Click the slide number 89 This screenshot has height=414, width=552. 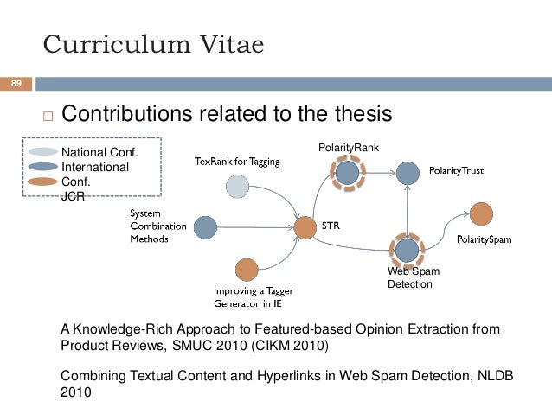tap(16, 84)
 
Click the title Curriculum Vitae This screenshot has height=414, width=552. tap(154, 46)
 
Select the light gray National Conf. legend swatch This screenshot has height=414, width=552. tap(42, 152)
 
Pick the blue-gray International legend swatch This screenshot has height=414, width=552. tap(42, 166)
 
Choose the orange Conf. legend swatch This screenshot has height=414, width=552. tap(42, 181)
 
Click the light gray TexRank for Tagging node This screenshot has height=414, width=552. tap(237, 186)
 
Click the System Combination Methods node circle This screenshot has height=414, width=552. tap(205, 227)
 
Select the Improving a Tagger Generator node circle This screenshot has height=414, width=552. tap(247, 270)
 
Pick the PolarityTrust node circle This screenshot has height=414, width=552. tap(408, 173)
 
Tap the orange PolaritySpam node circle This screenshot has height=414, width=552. tap(482, 214)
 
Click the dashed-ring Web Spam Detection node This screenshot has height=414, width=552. tap(407, 250)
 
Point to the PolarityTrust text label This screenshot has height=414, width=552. tap(457, 171)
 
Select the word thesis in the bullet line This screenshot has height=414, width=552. tap(359, 115)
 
